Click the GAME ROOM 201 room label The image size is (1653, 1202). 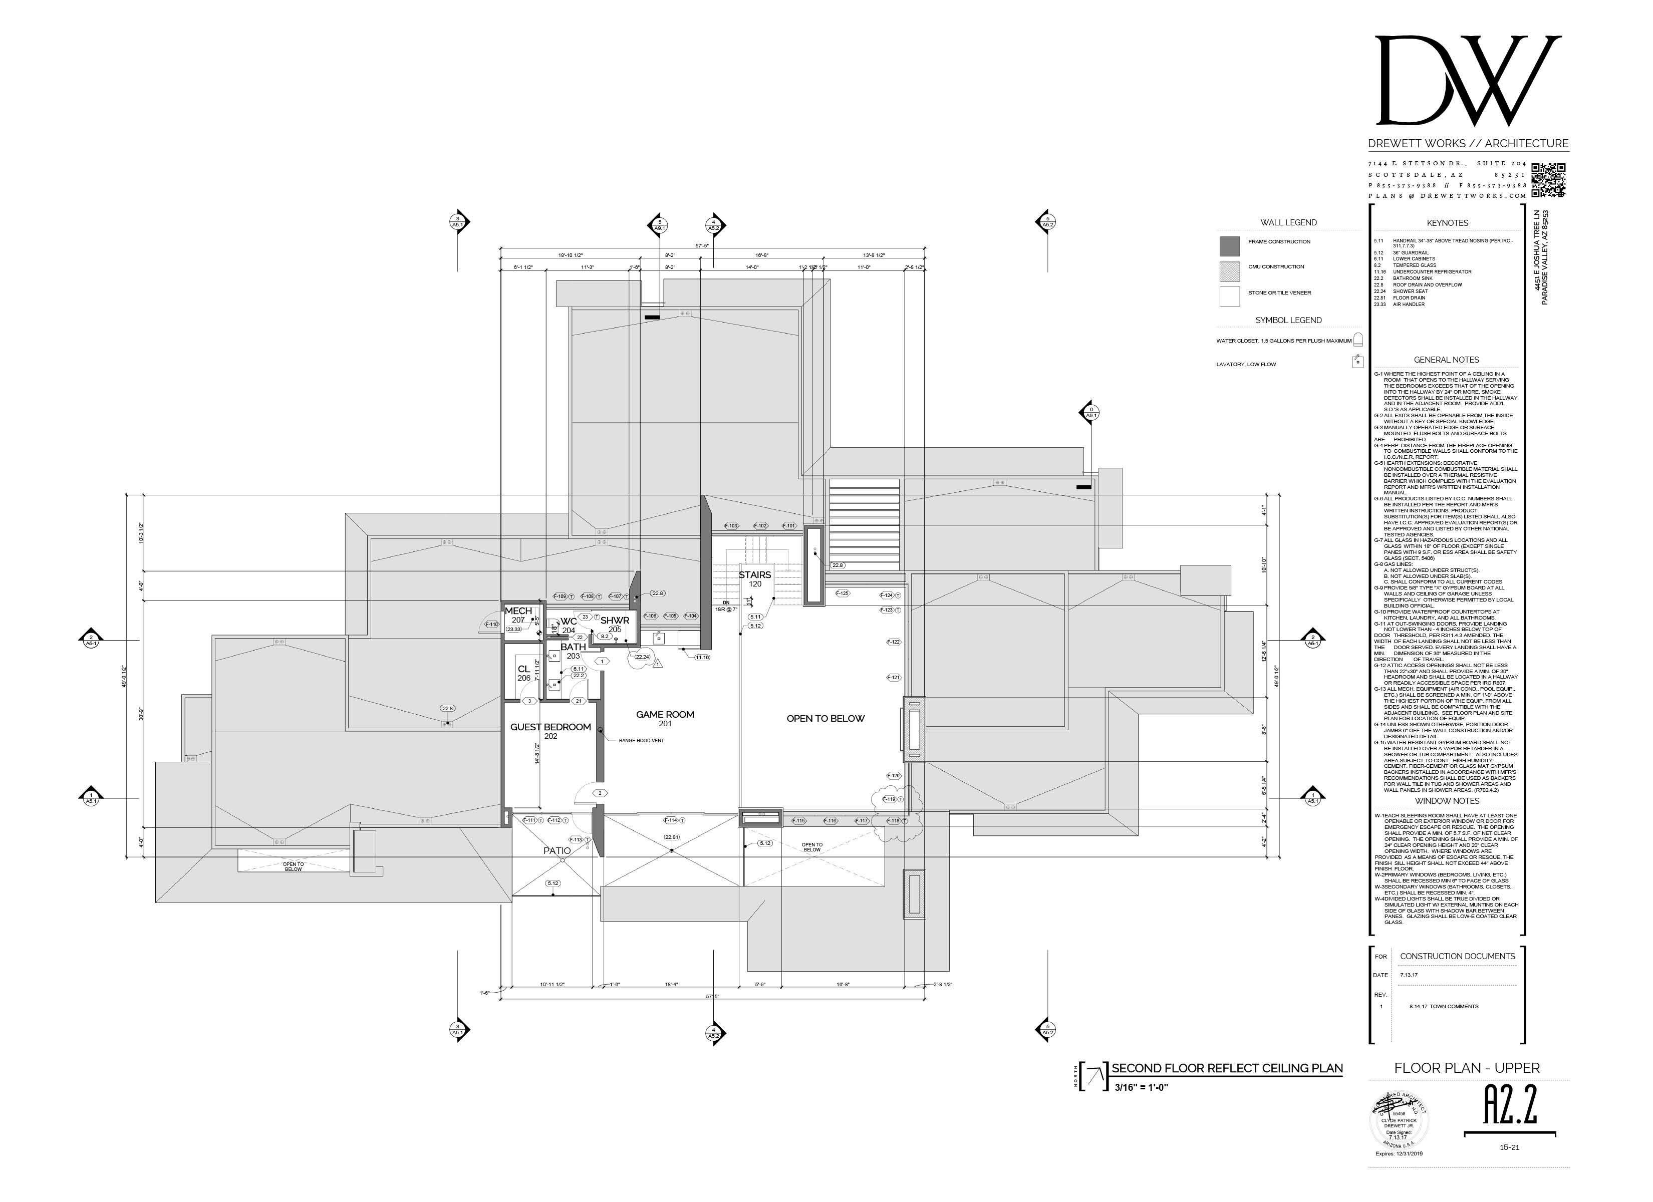point(665,718)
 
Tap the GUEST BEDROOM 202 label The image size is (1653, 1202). point(550,730)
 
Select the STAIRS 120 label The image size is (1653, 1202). point(754,579)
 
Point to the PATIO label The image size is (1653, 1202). point(557,850)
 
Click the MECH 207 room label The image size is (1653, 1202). point(518,615)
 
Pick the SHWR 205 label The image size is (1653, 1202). point(615,624)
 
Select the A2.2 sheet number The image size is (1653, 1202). point(1510,1106)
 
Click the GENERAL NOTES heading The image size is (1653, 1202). point(1446,360)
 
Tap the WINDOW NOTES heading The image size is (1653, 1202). point(1446,800)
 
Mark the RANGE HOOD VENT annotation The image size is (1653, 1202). point(641,740)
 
